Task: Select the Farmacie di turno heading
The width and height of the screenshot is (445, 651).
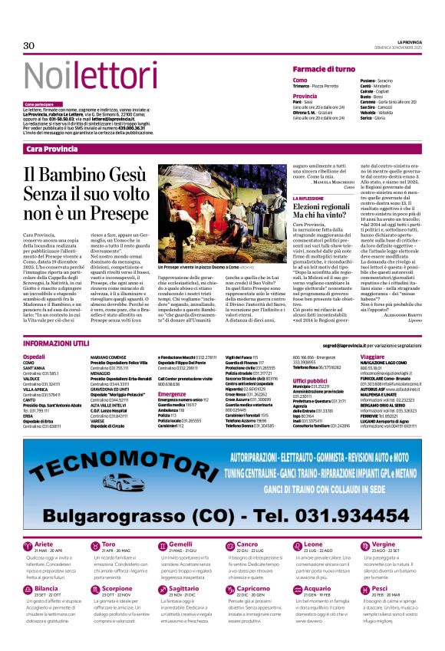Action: point(324,69)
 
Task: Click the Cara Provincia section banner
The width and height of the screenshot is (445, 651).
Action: point(51,148)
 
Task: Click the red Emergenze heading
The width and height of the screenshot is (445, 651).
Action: point(172,394)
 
